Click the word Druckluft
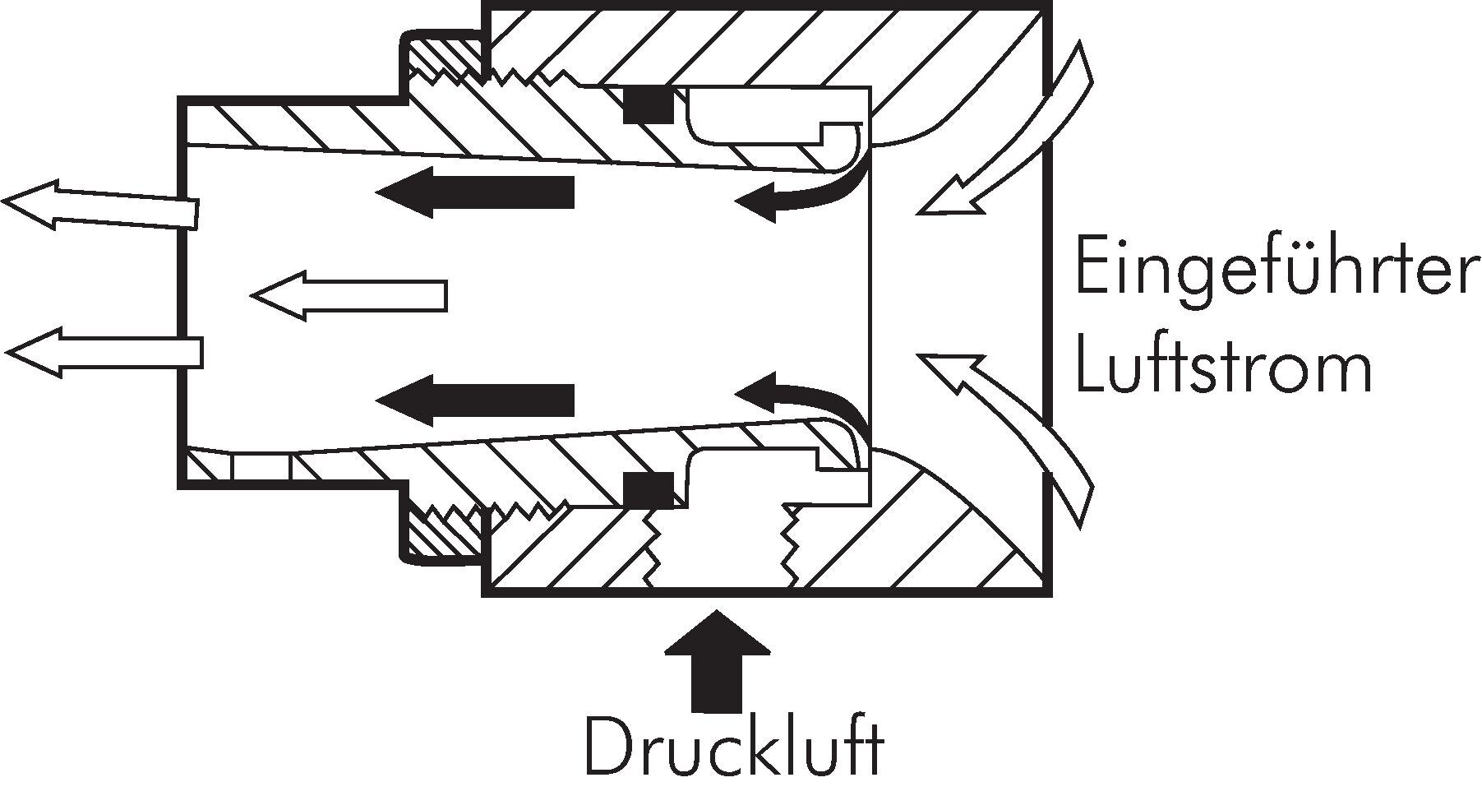point(734,747)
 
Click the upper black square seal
point(648,105)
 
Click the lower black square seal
point(648,489)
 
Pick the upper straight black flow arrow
point(475,193)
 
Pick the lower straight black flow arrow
point(475,400)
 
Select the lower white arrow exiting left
point(103,352)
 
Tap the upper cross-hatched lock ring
point(444,58)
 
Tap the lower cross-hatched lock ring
point(444,535)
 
